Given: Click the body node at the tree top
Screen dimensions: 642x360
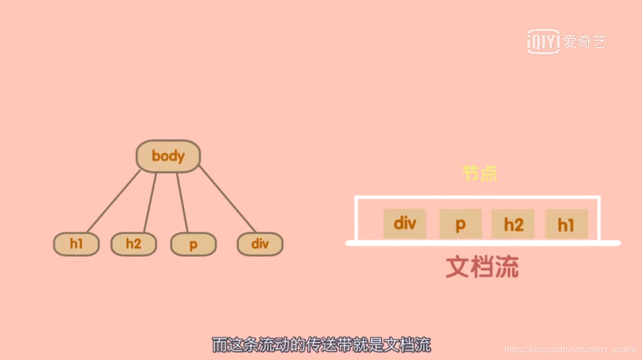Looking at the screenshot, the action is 168,156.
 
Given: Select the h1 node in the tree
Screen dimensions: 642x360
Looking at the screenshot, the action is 76,244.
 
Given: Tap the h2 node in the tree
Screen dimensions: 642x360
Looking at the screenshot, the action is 133,244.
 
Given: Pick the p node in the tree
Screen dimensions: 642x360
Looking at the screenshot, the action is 193,245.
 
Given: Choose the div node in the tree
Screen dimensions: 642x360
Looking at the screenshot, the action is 260,244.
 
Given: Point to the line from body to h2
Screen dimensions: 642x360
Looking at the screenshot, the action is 150,202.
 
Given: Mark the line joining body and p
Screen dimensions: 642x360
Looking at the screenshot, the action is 182,202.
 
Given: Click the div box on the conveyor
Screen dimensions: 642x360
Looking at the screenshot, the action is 405,223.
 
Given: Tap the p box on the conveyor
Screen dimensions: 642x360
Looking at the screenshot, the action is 461,224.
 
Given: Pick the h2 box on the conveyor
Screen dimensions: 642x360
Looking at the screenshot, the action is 514,224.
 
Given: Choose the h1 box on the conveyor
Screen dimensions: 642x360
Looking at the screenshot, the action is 567,224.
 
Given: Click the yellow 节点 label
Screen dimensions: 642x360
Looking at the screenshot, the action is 480,174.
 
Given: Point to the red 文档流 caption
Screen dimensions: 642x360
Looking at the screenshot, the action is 482,267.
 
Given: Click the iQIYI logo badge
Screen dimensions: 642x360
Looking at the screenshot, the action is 544,42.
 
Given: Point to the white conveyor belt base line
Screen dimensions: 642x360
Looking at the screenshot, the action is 483,243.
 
